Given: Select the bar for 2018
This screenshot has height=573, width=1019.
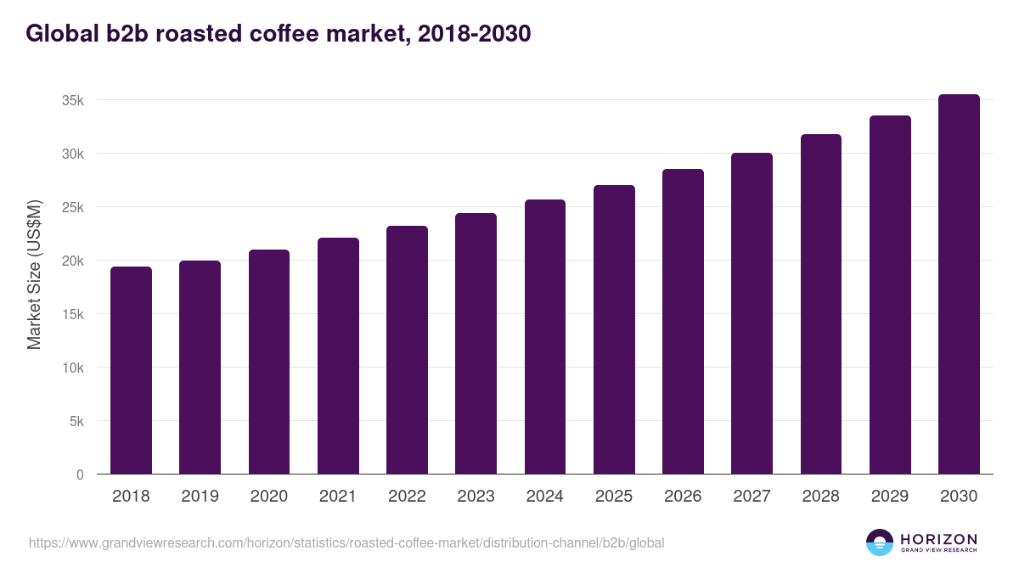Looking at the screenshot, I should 131,371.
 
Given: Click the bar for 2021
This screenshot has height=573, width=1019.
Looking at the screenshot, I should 338,357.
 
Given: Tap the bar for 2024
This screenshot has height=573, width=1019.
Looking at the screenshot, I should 545,337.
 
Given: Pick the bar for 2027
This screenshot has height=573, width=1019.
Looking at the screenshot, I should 752,314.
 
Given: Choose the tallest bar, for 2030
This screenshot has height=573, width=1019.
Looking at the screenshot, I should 959,284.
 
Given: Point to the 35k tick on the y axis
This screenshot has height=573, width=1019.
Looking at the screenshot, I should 74,101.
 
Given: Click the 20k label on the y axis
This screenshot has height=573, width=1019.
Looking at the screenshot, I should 74,261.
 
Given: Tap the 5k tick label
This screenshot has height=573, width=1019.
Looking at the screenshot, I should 77,422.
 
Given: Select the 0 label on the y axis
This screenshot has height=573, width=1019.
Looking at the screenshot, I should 81,475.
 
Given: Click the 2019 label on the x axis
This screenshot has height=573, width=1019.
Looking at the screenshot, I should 200,497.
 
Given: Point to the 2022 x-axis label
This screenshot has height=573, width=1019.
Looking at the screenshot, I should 407,497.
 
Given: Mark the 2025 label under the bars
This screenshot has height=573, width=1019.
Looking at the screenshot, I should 614,497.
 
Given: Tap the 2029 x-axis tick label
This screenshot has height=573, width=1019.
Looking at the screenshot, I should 890,497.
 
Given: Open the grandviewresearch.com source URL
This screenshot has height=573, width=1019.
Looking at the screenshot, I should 346,542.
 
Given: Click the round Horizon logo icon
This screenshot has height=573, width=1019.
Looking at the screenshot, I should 880,542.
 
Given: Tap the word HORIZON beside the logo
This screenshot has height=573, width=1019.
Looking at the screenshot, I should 938,539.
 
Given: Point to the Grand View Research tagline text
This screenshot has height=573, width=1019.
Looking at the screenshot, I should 938,551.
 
